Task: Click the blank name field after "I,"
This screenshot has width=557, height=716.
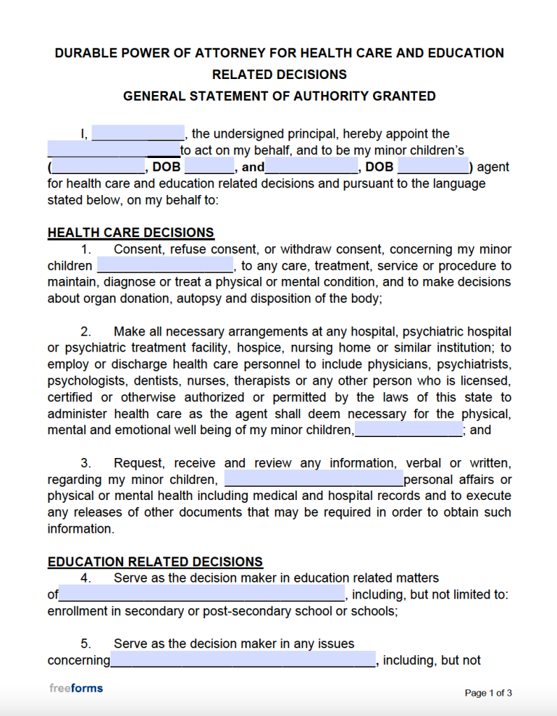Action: click(138, 133)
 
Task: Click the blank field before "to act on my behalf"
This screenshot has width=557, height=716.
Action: click(113, 150)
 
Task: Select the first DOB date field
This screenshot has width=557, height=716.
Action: click(209, 167)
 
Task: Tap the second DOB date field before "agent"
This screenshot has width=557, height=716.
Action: click(433, 167)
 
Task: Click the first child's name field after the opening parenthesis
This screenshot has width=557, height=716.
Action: click(98, 167)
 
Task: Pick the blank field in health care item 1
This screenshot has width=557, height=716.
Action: click(165, 266)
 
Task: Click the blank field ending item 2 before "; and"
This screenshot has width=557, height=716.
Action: click(409, 429)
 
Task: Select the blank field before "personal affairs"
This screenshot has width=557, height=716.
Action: click(313, 480)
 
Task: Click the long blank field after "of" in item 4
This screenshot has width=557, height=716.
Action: click(202, 594)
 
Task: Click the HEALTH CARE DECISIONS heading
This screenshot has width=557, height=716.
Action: click(131, 233)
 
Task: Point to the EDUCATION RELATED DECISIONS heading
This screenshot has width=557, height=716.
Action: click(155, 561)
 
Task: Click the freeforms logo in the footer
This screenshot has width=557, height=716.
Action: click(76, 688)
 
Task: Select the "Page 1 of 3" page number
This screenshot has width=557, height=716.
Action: click(488, 693)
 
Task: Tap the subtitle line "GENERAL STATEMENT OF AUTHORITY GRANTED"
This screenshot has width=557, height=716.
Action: click(279, 96)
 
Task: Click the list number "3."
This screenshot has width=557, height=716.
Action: click(86, 463)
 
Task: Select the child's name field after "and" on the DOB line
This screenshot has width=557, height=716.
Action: click(312, 167)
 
